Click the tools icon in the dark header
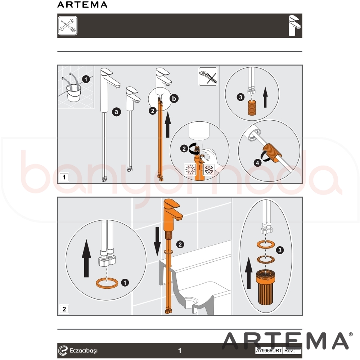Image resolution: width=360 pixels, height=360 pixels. tap(68, 26)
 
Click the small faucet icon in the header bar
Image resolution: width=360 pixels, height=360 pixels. tap(295, 26)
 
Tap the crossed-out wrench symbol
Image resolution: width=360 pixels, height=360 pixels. tap(208, 77)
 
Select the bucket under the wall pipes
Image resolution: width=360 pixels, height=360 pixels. tap(74, 93)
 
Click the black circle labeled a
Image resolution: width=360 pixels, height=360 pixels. tap(116, 112)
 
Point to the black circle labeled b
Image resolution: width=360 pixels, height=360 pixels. tap(174, 99)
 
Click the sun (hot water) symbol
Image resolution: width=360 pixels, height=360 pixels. tap(190, 170)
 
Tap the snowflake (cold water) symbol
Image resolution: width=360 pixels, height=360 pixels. tap(209, 170)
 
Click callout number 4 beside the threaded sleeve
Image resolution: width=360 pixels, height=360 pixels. tap(257, 163)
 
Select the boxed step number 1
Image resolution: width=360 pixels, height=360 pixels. tap(64, 177)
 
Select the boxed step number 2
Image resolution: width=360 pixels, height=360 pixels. tap(64, 309)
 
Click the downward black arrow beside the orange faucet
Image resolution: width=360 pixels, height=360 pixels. tap(157, 241)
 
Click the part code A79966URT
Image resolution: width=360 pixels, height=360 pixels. tap(269, 351)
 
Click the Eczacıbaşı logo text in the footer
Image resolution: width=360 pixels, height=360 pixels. tap(84, 351)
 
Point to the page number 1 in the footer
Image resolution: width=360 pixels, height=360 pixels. tap(180, 351)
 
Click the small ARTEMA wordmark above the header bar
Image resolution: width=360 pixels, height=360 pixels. tap(82, 5)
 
